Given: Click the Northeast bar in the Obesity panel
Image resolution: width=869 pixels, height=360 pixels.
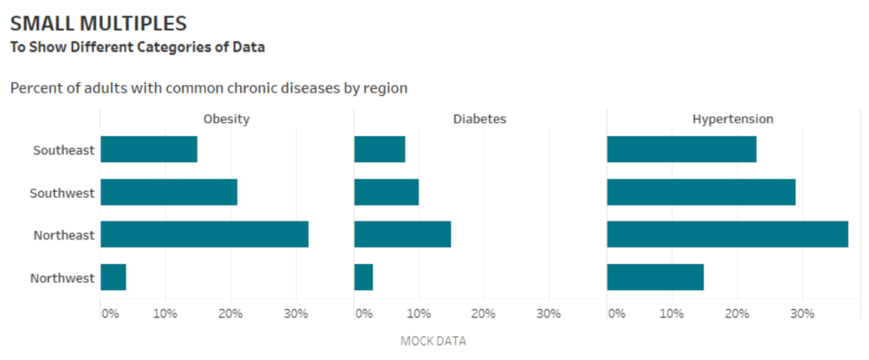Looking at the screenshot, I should click(204, 234).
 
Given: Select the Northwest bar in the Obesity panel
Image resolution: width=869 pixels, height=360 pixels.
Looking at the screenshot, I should click(113, 278).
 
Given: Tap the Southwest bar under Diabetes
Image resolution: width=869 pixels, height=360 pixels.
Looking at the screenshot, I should click(386, 192).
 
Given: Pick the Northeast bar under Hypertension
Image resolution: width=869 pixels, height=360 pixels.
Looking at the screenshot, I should click(727, 234).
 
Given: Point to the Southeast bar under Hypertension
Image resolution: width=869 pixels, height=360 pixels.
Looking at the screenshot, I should click(681, 149).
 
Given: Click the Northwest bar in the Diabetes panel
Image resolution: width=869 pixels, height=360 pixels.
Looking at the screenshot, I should click(363, 278).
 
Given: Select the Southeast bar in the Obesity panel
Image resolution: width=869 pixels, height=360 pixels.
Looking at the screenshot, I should click(149, 149).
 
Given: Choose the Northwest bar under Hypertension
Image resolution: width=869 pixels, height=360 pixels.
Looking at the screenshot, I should click(655, 278).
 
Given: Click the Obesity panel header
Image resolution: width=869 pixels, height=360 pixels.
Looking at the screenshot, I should click(226, 119).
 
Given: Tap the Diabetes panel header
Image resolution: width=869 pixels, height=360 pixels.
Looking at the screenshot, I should click(479, 119).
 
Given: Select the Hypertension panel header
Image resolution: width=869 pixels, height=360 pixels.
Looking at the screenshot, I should click(732, 119).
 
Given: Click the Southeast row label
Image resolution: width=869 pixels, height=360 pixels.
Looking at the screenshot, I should click(64, 150).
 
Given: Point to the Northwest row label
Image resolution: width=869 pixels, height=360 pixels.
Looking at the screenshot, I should click(62, 278).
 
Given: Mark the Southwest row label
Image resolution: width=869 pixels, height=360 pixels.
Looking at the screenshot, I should click(62, 193).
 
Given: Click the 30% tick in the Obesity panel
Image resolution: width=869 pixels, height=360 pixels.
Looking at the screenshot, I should click(294, 313).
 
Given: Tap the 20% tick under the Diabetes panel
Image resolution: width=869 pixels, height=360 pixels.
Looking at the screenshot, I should click(483, 313).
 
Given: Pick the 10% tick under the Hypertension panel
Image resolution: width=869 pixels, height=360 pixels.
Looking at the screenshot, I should click(671, 313).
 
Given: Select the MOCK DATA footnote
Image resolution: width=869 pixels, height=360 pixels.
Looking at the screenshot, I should click(433, 341).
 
